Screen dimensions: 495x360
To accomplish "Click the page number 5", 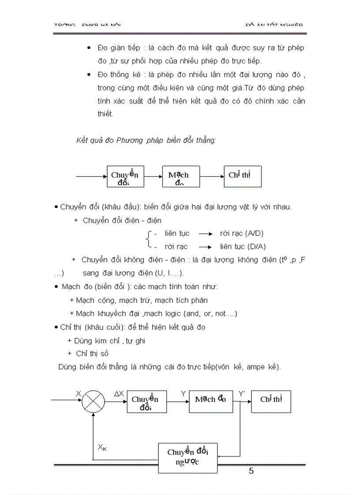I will pos(251,471).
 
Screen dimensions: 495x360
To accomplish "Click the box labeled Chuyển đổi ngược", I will pos(187,458).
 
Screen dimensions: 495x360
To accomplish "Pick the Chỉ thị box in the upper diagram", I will pos(243,177).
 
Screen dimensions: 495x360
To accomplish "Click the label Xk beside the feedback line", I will pos(102,447).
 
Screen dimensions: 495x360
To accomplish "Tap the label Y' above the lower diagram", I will pos(242,393).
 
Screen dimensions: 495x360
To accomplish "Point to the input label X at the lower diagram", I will pos(79,393).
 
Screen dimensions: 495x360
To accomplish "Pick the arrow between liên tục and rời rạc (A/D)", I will pos(205,234).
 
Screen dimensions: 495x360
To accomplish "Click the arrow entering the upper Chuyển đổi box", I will pos(92,177).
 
